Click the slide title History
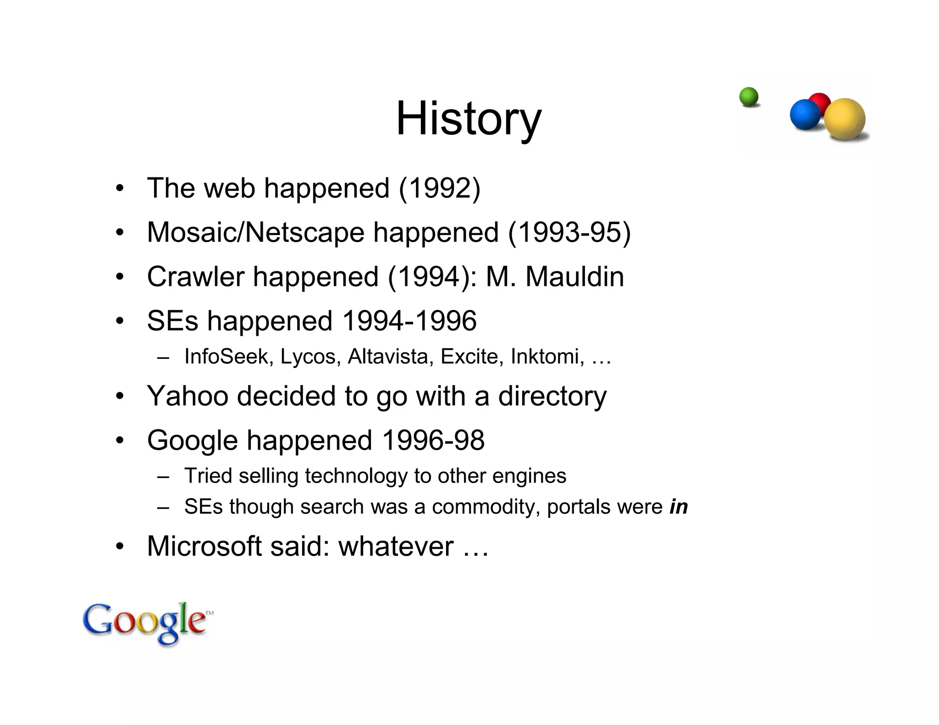469,119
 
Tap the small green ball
749,97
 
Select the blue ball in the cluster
805,115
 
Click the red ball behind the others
820,101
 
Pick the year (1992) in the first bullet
440,188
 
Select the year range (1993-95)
569,232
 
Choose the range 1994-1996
409,320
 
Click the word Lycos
308,357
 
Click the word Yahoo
188,395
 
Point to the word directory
552,396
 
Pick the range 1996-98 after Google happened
433,440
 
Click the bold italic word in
679,507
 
